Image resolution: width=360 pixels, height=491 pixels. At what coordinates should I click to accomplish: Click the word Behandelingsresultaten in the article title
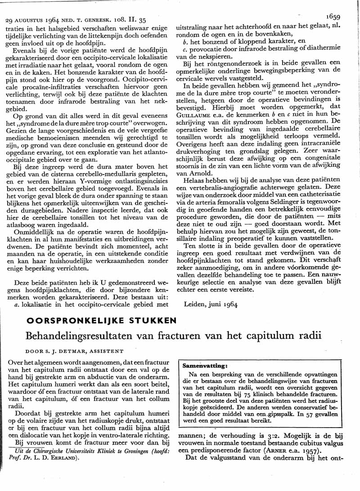(78, 335)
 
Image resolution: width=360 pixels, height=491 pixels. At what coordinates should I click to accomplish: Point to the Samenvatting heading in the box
(202, 366)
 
